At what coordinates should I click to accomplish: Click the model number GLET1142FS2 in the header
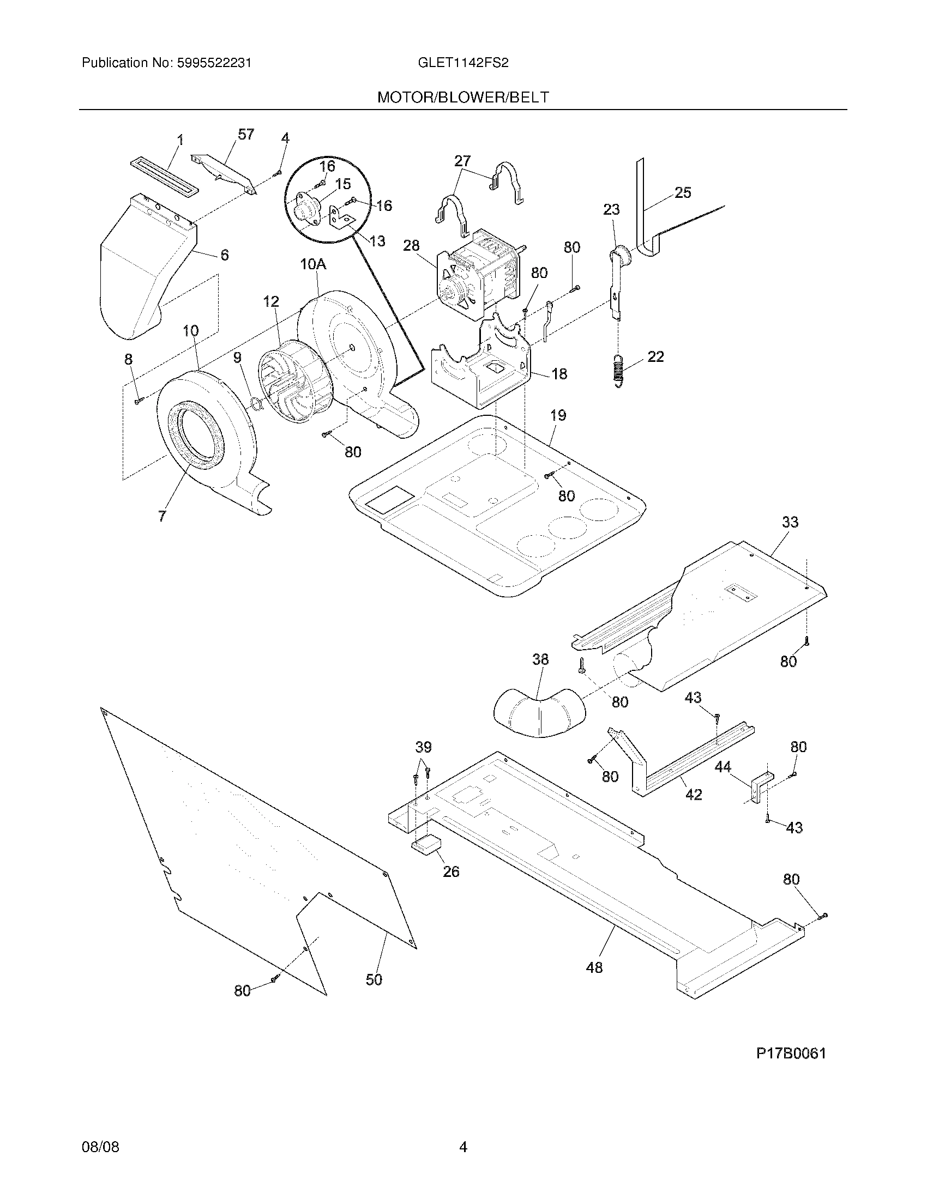[x=463, y=63]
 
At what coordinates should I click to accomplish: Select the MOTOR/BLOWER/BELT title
[x=463, y=98]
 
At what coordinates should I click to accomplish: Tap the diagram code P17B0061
[x=791, y=1053]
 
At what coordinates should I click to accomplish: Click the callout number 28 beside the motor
[x=411, y=245]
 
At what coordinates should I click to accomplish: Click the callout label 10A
[x=313, y=265]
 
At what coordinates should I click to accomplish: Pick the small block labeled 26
[x=428, y=845]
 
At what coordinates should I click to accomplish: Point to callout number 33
[x=790, y=522]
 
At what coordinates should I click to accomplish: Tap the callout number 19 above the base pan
[x=558, y=415]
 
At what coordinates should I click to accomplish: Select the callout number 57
[x=246, y=134]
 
